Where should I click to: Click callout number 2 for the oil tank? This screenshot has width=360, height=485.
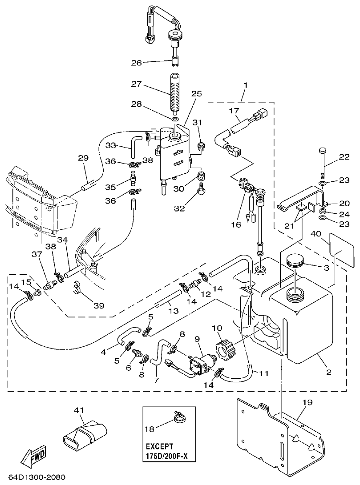328,373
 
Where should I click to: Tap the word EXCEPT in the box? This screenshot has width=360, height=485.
159,445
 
